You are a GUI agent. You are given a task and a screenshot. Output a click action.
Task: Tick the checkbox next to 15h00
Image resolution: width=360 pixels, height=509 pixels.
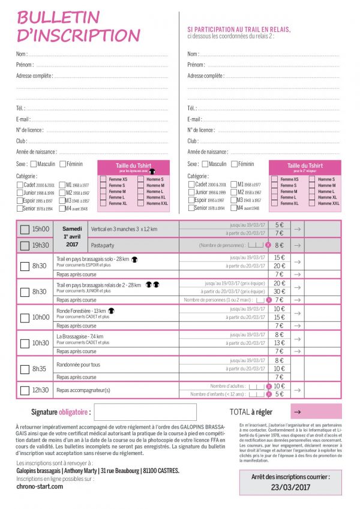coord(25,229)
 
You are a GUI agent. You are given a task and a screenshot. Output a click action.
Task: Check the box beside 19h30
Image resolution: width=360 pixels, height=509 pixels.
coord(25,245)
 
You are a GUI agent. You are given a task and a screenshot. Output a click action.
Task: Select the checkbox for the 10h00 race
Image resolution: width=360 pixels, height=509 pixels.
coord(25,317)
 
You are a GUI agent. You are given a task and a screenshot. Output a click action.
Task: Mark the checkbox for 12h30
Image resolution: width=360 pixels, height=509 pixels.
coord(25,390)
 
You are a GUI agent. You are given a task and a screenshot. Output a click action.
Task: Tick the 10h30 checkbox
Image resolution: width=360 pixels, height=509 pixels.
coord(25,343)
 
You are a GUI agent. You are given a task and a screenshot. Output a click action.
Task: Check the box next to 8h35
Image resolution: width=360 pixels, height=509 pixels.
coord(25,369)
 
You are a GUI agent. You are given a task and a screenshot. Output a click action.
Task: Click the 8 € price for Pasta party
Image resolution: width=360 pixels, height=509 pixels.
coord(279,245)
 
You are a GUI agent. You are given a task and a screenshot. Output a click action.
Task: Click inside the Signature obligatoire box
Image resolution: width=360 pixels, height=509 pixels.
coord(145,412)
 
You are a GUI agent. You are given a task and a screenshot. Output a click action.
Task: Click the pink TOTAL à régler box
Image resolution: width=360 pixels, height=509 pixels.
coord(316,411)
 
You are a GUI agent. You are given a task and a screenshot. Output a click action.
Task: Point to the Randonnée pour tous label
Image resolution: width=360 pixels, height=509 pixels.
coord(79,365)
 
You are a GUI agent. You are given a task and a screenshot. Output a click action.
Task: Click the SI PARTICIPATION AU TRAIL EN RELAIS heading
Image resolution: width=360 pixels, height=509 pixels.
coord(239,29)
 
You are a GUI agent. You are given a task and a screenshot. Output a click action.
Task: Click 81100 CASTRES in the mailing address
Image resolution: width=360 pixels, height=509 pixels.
coord(161,471)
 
